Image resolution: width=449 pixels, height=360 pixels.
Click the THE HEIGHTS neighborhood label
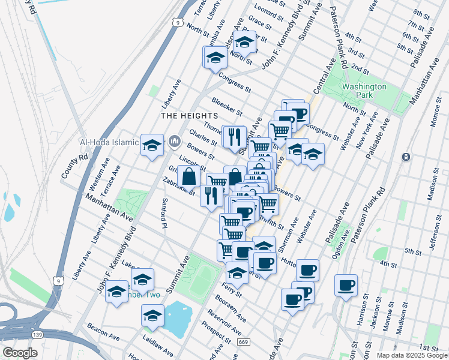tap(188, 115)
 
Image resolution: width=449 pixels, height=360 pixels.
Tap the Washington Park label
tap(364, 91)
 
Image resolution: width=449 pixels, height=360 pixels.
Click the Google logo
tap(20, 353)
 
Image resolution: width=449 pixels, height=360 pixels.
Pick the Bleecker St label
tap(226, 106)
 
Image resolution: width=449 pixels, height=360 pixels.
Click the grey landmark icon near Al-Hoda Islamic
tap(175, 142)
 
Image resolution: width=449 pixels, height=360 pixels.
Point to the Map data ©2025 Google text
tap(412, 355)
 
